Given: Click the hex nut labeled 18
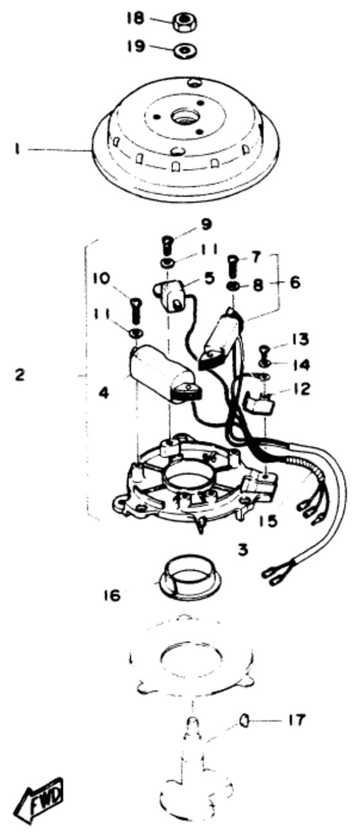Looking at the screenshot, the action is [x=184, y=22].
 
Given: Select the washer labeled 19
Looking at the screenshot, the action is [x=184, y=50].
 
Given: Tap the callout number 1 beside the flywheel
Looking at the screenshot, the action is [x=17, y=149].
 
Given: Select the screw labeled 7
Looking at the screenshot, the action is [x=233, y=268].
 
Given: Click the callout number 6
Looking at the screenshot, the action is [x=294, y=282].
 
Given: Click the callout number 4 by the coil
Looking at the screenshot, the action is [x=104, y=392].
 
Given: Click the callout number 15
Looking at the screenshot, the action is [x=269, y=521].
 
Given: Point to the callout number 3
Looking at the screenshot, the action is [x=243, y=549].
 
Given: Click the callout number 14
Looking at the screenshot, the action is [x=301, y=365].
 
